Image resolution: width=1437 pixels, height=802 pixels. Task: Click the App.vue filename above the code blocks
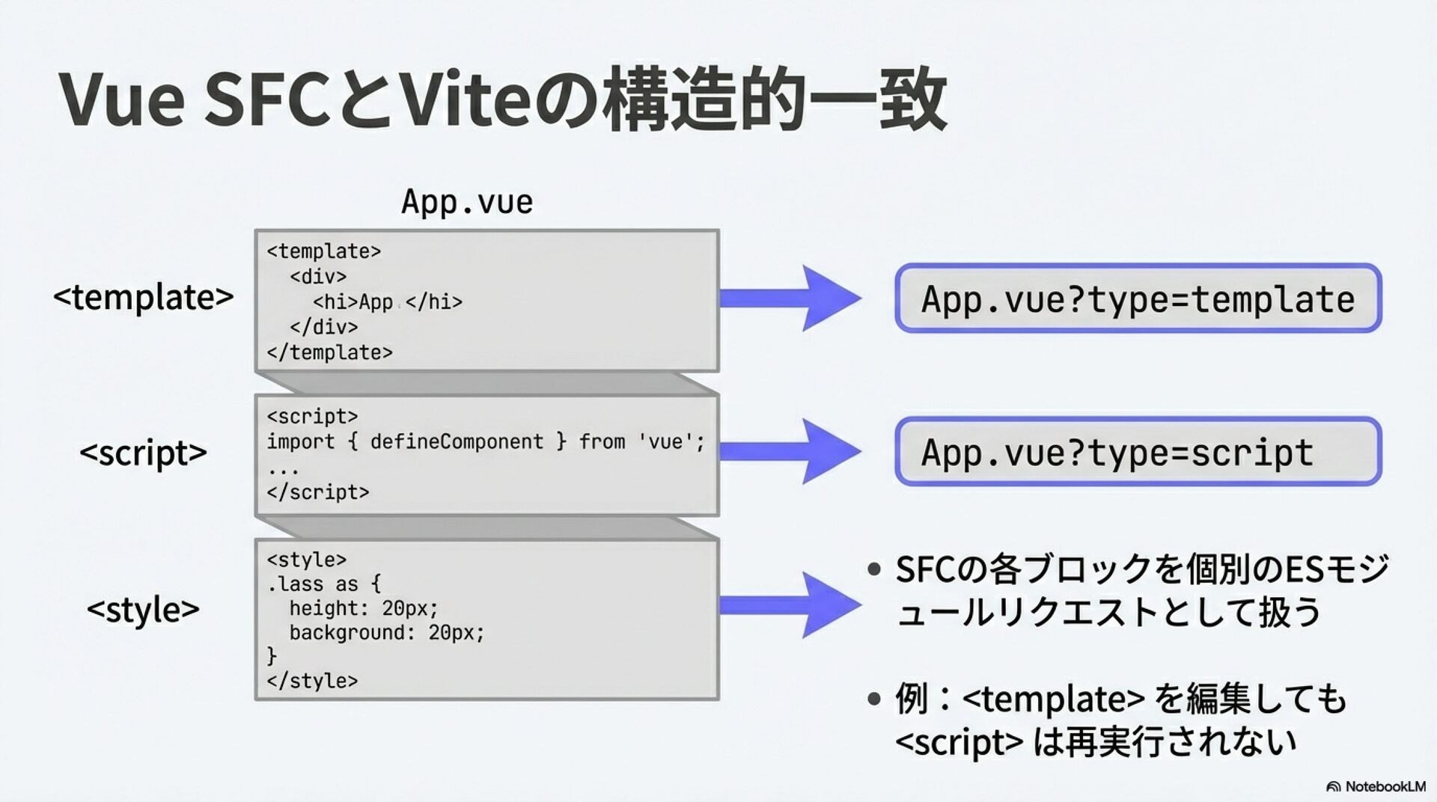click(467, 202)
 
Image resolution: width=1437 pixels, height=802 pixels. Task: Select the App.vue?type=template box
click(1138, 299)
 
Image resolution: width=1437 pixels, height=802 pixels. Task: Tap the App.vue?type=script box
click(1138, 452)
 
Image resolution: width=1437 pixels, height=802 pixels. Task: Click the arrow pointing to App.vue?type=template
click(790, 298)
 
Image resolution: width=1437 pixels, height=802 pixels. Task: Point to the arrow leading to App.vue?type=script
click(790, 451)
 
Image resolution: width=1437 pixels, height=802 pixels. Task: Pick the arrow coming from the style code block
click(790, 604)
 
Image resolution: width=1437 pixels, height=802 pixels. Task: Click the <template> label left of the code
click(143, 297)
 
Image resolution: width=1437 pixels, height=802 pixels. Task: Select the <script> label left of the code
click(143, 453)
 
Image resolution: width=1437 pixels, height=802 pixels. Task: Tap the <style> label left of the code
click(143, 609)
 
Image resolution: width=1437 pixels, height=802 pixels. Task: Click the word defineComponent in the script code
click(457, 441)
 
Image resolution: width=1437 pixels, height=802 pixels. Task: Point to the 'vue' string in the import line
click(665, 441)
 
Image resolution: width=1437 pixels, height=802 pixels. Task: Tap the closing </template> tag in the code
click(329, 352)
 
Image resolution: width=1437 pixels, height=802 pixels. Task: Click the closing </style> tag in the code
click(312, 681)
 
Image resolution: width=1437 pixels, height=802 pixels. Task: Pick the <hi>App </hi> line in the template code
click(388, 302)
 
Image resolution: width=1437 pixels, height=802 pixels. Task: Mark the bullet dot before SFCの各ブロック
click(874, 570)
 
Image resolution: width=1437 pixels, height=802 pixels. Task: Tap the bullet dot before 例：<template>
click(874, 700)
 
